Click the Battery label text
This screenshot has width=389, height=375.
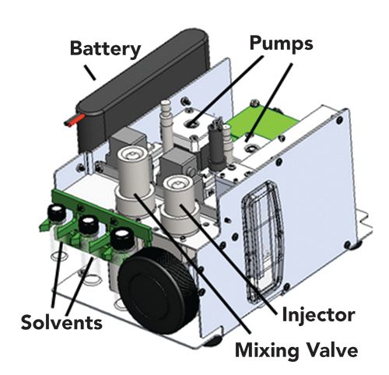click(105, 49)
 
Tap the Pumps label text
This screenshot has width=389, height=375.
click(282, 43)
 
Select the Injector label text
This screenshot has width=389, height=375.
click(318, 314)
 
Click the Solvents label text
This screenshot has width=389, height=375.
click(61, 322)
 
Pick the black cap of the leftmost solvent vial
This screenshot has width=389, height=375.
click(57, 212)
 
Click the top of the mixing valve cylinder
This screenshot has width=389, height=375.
click(133, 155)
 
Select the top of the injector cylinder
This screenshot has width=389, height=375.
click(177, 184)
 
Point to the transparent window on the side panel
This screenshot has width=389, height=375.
click(262, 241)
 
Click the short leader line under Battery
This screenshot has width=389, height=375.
click(90, 72)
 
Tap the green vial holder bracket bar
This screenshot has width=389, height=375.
click(101, 210)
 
